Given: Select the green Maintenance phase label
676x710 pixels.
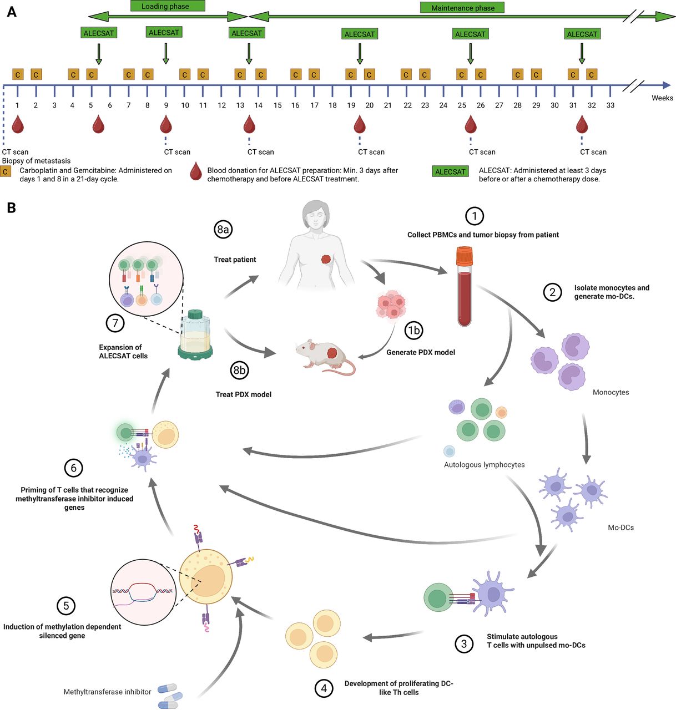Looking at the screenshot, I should click(x=462, y=8).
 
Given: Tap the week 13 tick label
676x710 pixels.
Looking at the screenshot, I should click(x=240, y=105).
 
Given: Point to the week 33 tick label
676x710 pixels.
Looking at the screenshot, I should click(x=610, y=105).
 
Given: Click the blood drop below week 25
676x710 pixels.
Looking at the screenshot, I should click(x=471, y=125).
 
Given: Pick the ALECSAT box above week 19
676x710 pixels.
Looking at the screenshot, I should click(x=360, y=34).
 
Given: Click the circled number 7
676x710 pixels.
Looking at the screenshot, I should click(x=115, y=323).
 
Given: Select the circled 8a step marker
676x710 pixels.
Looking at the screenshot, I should click(x=223, y=229).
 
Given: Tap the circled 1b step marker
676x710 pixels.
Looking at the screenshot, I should click(x=413, y=331).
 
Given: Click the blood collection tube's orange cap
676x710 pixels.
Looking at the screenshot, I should click(x=464, y=256).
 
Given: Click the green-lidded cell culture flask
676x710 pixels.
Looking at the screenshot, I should click(x=195, y=334).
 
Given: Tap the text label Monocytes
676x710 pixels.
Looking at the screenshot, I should click(x=611, y=392).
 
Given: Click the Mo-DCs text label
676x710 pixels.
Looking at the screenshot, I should click(x=620, y=528).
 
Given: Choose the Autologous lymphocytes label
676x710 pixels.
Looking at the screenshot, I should click(x=484, y=465).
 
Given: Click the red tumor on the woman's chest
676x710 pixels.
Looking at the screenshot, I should click(x=326, y=259).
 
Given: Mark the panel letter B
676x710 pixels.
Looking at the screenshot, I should click(x=11, y=208).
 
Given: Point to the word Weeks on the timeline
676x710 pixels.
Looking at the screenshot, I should click(x=662, y=98).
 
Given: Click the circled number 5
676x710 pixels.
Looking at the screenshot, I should click(x=66, y=606).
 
